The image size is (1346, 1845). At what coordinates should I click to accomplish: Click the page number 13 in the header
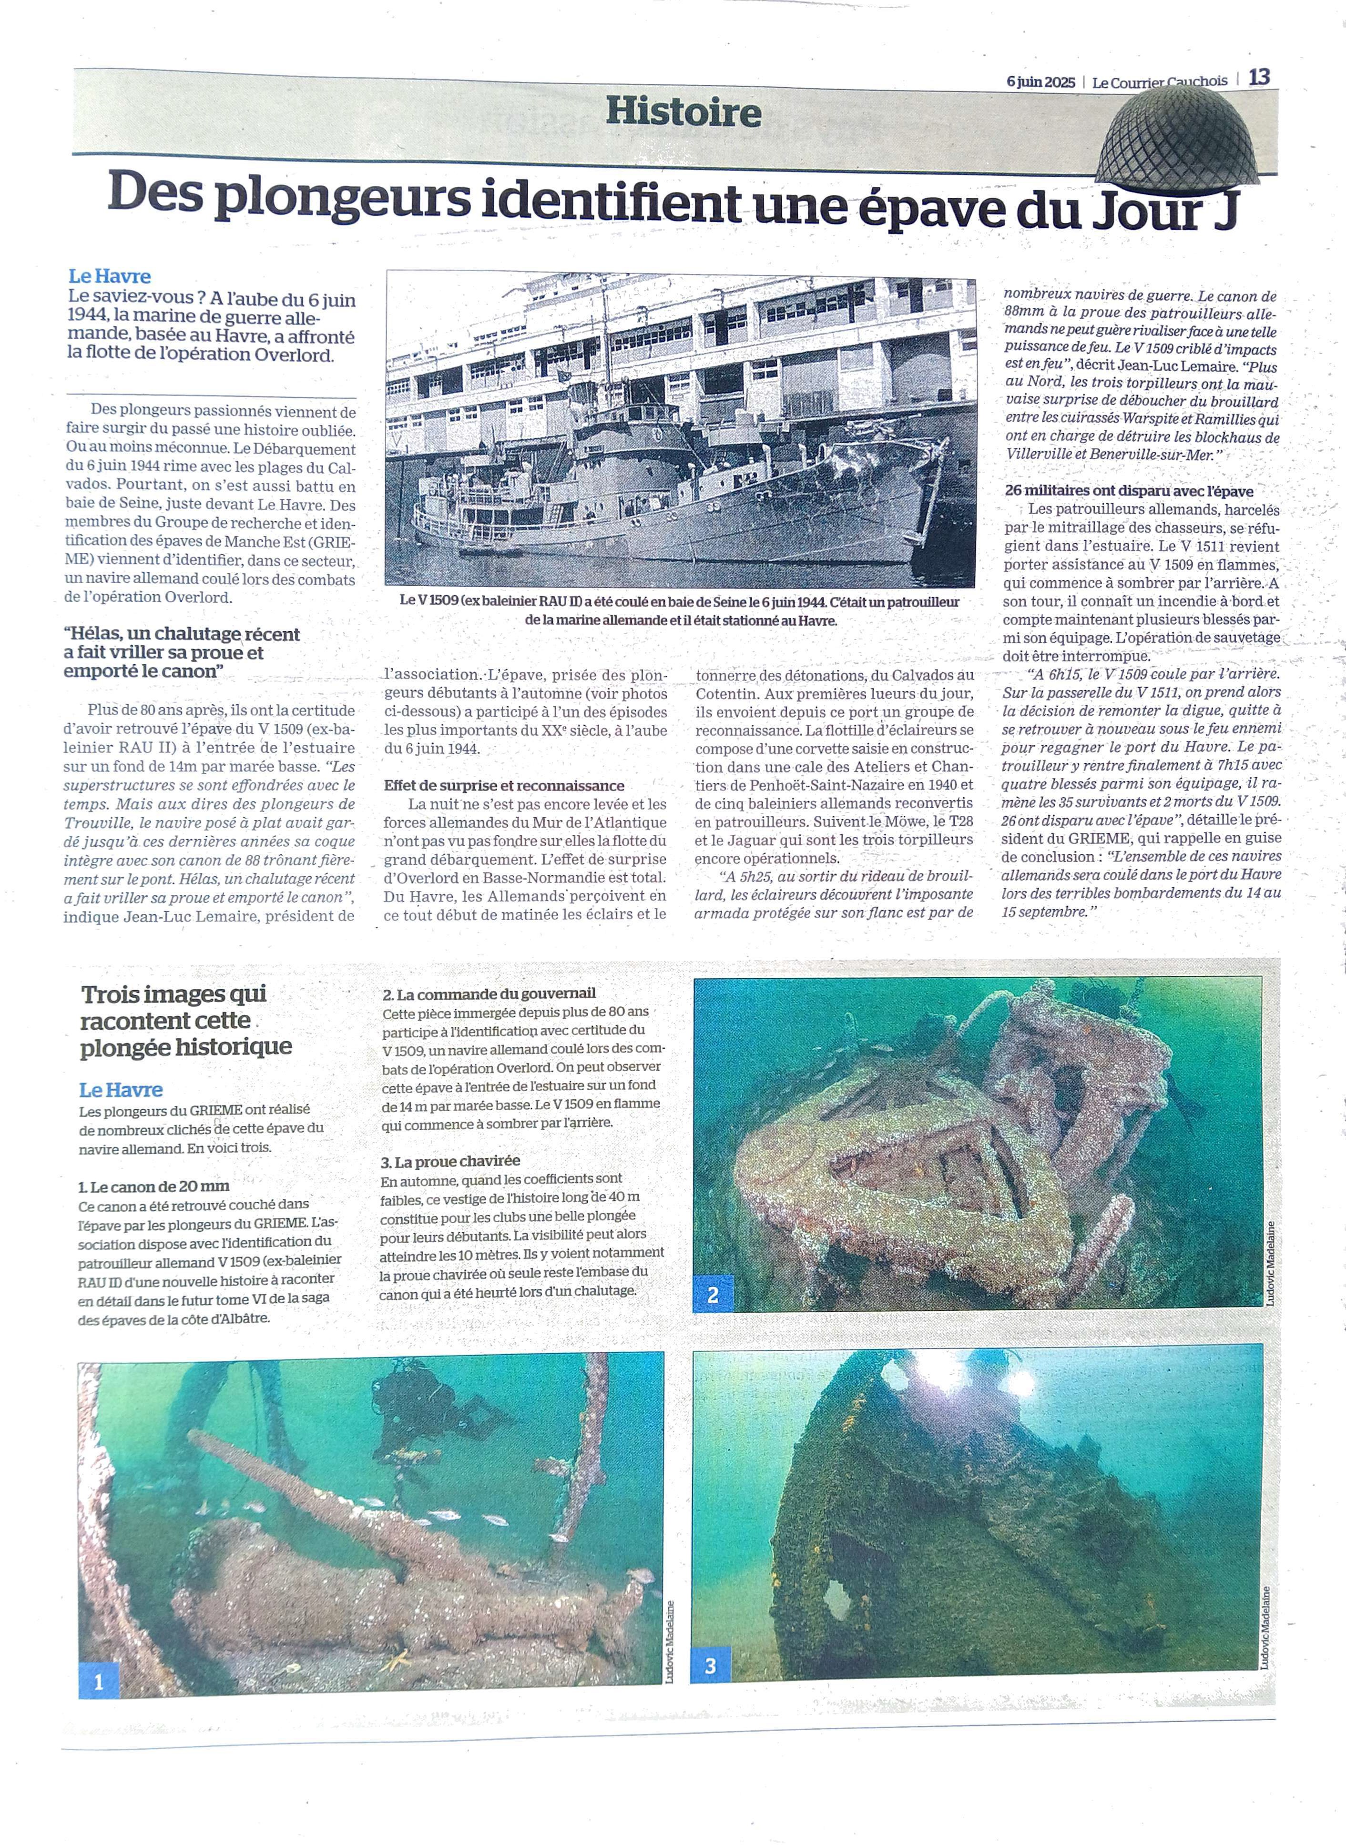[1259, 77]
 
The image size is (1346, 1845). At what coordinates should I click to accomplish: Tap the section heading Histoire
[683, 112]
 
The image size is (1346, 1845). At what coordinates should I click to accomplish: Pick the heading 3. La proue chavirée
[450, 1161]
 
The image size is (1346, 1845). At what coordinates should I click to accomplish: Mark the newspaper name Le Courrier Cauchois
[1160, 81]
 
